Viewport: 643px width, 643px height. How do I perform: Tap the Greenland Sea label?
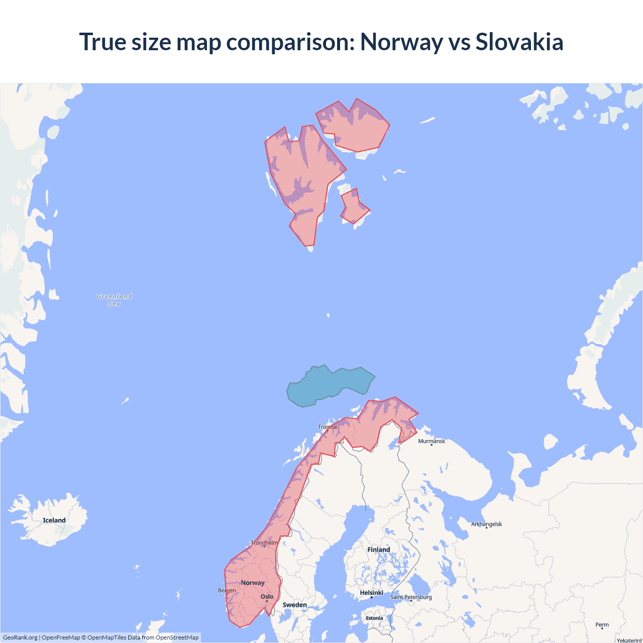(115, 300)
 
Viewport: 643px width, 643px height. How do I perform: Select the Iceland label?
(54, 520)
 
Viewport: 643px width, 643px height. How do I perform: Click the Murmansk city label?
(432, 441)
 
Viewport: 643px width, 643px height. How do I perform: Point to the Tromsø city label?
(328, 427)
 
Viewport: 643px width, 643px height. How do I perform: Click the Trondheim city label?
(264, 543)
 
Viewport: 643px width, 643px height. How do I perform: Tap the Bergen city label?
(227, 590)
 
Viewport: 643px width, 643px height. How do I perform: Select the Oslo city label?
(267, 597)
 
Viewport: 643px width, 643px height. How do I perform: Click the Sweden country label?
(294, 605)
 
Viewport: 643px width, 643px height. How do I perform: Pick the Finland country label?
(378, 550)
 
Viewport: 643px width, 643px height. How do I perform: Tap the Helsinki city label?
(372, 593)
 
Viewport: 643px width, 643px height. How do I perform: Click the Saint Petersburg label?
(411, 597)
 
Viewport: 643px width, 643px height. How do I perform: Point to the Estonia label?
(374, 618)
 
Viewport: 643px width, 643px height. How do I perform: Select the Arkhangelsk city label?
(486, 524)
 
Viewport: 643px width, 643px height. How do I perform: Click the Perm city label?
(602, 625)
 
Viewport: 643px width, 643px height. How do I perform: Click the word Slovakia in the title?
(519, 42)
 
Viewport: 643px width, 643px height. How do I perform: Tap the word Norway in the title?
(401, 42)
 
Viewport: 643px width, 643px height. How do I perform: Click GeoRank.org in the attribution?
(20, 637)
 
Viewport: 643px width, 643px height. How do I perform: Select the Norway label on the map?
(253, 583)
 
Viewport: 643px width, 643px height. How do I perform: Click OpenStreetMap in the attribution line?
(177, 637)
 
